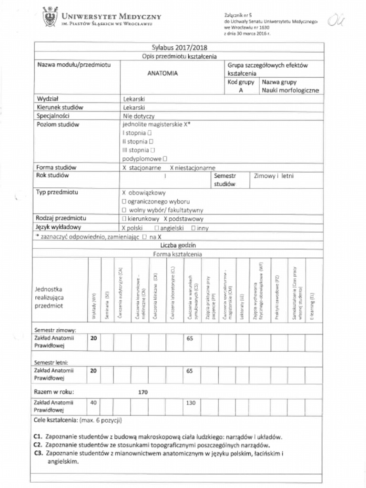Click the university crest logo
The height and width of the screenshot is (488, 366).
pyautogui.click(x=49, y=18)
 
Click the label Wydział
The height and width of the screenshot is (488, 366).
pyautogui.click(x=47, y=99)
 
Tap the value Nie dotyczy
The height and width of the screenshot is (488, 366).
pyautogui.click(x=139, y=116)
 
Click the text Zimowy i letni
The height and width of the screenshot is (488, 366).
pyautogui.click(x=274, y=176)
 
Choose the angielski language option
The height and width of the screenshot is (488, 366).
pyautogui.click(x=165, y=228)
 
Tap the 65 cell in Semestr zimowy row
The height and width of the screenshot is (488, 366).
pyautogui.click(x=190, y=337)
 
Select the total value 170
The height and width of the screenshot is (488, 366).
pyautogui.click(x=142, y=392)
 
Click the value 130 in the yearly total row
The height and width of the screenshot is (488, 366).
pyautogui.click(x=191, y=403)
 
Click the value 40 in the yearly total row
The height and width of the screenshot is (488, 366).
pyautogui.click(x=93, y=403)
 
